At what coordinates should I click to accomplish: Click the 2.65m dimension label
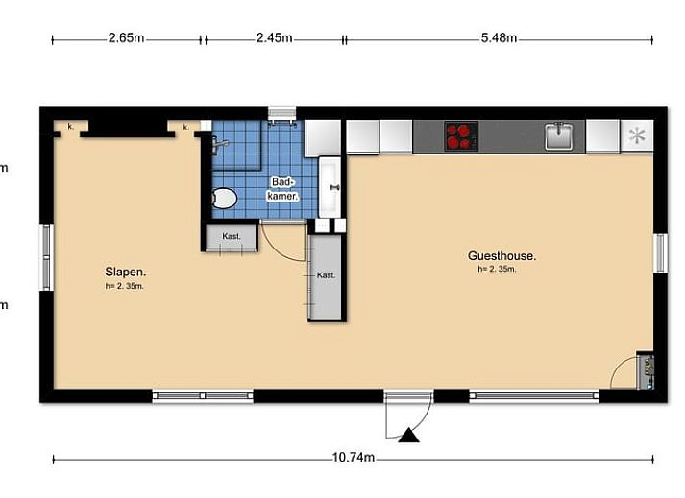pos(126,38)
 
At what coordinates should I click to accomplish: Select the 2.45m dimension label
pos(275,38)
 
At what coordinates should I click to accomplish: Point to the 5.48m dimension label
pos(499,38)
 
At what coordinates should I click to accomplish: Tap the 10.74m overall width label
pos(354,457)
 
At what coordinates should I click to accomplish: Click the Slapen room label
pos(126,272)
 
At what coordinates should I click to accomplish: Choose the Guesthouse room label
pos(502,256)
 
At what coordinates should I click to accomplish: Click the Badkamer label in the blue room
pos(282,189)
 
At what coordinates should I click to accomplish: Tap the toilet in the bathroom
pos(224,199)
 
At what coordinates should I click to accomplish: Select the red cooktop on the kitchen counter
pos(461,136)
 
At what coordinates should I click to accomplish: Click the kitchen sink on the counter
pos(559,135)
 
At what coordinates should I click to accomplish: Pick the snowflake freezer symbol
pos(637,135)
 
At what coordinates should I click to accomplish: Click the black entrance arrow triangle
pos(408,435)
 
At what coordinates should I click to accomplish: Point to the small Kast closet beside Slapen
pos(232,237)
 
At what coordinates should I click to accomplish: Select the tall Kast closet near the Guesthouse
pos(326,276)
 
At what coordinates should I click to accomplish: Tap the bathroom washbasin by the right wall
pos(330,187)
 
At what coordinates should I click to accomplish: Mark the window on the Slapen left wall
pos(47,257)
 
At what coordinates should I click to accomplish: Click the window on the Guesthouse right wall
pos(660,253)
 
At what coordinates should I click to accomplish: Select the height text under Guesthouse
pos(497,269)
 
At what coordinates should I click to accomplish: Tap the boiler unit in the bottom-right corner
pos(646,370)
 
